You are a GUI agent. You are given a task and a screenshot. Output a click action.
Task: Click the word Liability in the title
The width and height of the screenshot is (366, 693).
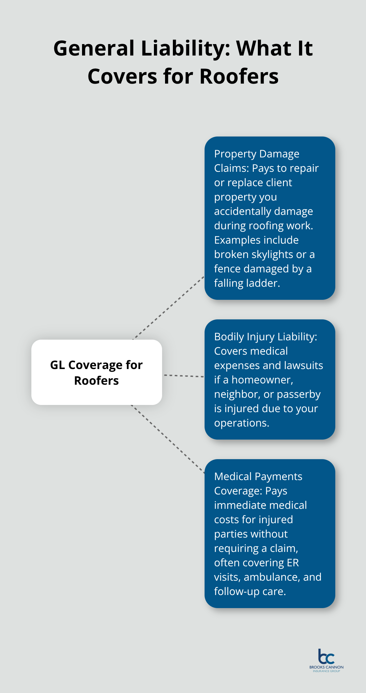tap(185, 49)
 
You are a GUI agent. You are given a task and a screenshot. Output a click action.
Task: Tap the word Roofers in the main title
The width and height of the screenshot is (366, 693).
tap(239, 77)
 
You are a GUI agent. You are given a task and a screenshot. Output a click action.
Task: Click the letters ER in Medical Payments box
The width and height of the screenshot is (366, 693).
tap(293, 563)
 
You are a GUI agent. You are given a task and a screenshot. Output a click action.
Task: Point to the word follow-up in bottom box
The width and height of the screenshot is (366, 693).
tap(237, 591)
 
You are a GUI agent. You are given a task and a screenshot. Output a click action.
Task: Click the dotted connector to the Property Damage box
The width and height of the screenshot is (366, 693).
tap(168, 308)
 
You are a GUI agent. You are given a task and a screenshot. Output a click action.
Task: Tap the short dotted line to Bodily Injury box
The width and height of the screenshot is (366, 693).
tap(184, 376)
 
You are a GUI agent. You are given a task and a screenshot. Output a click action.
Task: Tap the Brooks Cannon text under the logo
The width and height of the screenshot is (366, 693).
tap(326, 667)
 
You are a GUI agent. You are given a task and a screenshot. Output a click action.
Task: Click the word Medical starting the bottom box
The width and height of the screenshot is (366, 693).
tap(233, 476)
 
